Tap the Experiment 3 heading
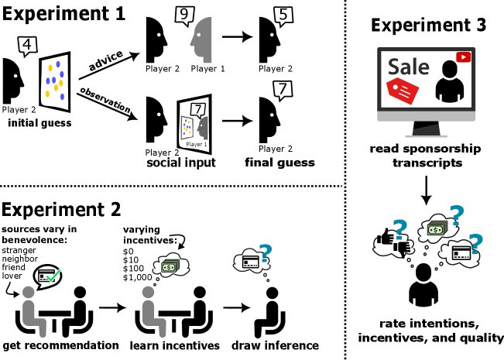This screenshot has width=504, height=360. point(428,25)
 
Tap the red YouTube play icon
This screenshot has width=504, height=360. point(464,57)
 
